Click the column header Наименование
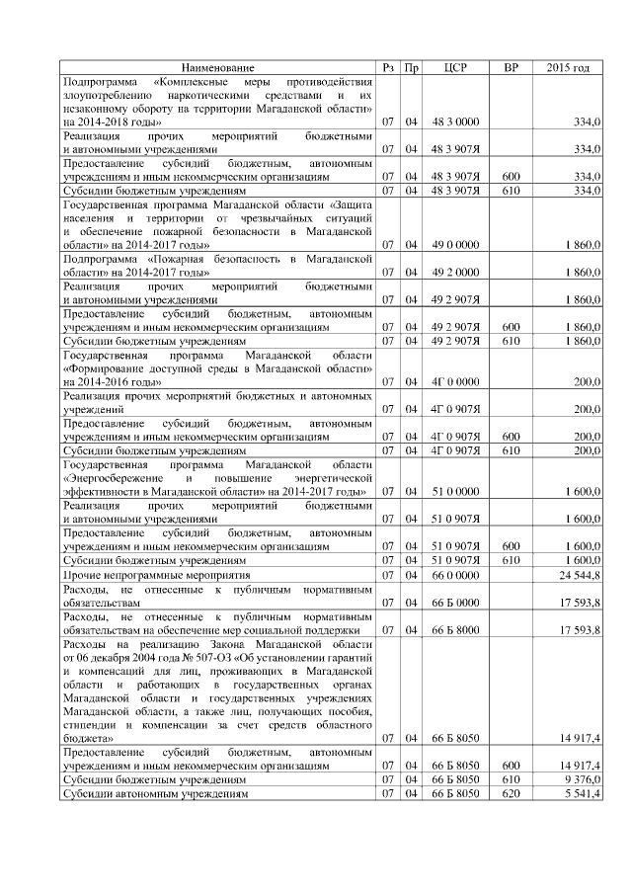pos(218,67)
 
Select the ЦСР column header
pos(455,67)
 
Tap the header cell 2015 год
pos(568,67)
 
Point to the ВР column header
pos(511,67)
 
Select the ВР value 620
pos(511,793)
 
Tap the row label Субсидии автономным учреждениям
pos(154,793)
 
